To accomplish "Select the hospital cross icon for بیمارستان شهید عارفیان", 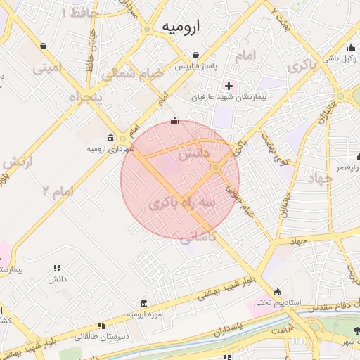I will click(x=229, y=86).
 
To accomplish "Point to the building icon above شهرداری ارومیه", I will click(x=111, y=137).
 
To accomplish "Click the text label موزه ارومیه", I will click(x=145, y=313).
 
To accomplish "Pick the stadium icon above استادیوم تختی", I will click(x=277, y=292).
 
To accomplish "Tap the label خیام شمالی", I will click(x=133, y=72).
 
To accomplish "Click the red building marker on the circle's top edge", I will click(x=174, y=121).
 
